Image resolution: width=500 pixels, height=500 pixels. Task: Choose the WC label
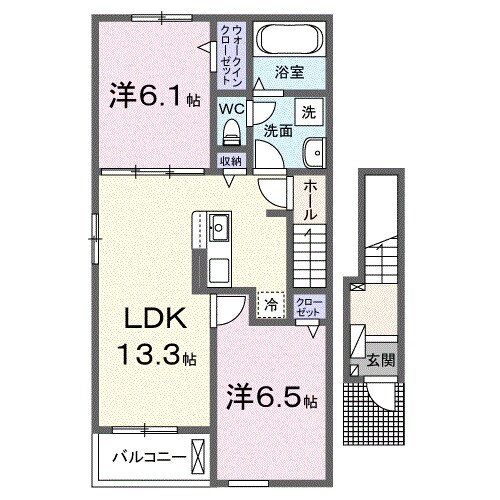pos(231,107)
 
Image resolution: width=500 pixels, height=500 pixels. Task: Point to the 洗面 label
pos(277,129)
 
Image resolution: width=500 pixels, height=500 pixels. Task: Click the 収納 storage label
pos(231,161)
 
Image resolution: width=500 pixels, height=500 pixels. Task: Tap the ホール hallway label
pos(310,199)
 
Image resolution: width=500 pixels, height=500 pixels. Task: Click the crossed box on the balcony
pos(200,456)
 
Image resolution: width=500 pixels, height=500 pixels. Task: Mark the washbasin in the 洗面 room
pos(312,153)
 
